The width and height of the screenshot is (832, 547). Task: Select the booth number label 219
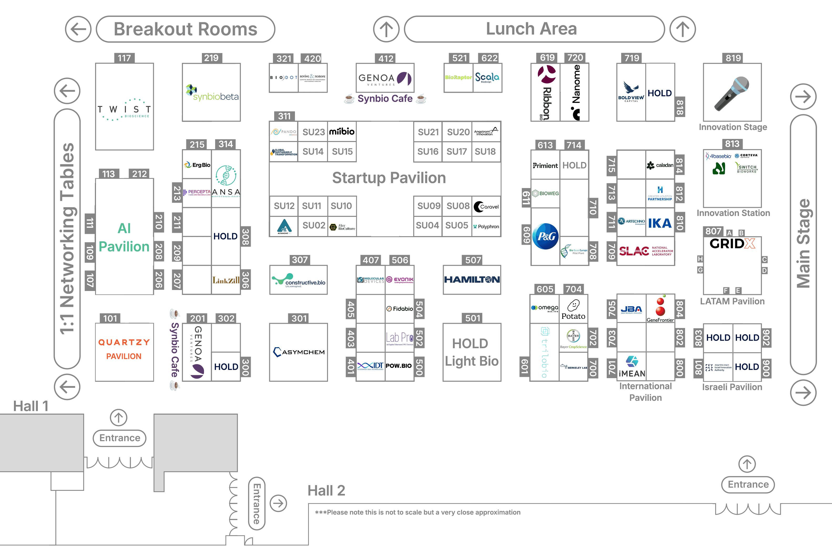tap(211, 58)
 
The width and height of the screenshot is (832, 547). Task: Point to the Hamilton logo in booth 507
tap(472, 279)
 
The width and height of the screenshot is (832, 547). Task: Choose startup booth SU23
tap(313, 132)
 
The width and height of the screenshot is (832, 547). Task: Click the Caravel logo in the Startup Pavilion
tap(486, 206)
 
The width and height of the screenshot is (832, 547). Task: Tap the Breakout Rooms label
tap(185, 29)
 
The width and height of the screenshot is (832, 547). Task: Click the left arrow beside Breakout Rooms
tap(78, 29)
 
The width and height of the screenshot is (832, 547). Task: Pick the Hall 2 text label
tap(326, 491)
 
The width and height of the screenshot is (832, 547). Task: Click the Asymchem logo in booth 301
tap(299, 352)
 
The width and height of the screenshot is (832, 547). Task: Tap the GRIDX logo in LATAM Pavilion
tap(732, 243)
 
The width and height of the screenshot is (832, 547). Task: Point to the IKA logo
tap(660, 223)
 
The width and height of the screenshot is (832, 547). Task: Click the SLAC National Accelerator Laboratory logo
tap(645, 251)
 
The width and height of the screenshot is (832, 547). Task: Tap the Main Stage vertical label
tap(803, 243)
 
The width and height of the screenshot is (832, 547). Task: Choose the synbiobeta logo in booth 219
tap(212, 92)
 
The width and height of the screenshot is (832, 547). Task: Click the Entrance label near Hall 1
tap(120, 438)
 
